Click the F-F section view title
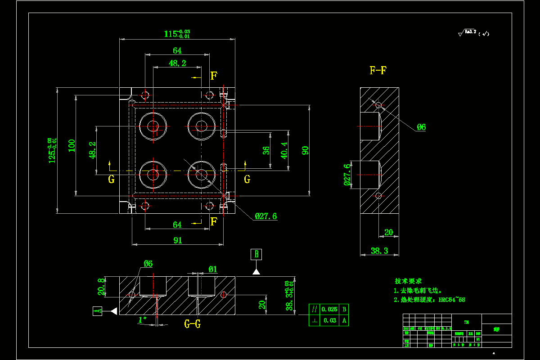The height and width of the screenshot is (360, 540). coord(378,70)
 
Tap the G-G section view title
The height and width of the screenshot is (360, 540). coord(192,324)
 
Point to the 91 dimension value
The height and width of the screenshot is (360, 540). coord(178,240)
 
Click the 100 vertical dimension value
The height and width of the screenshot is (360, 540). coord(72,145)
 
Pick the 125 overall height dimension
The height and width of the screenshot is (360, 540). coord(53,150)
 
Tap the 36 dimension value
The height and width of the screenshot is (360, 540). coord(266,150)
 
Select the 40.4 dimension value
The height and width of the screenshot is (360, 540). coord(284,150)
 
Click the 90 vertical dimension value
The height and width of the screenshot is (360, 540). coord(306,150)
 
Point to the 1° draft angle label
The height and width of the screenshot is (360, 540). coord(142,320)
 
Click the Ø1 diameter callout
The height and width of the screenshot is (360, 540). coord(212,270)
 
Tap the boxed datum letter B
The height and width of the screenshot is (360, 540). coord(256,254)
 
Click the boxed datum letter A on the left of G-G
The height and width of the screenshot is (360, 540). coord(97,310)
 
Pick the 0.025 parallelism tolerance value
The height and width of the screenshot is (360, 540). coord(330,309)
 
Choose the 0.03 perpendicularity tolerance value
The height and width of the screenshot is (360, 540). coord(330,320)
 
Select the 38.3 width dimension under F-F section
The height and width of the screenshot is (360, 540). coord(379,251)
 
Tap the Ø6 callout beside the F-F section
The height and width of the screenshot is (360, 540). coord(421,127)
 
